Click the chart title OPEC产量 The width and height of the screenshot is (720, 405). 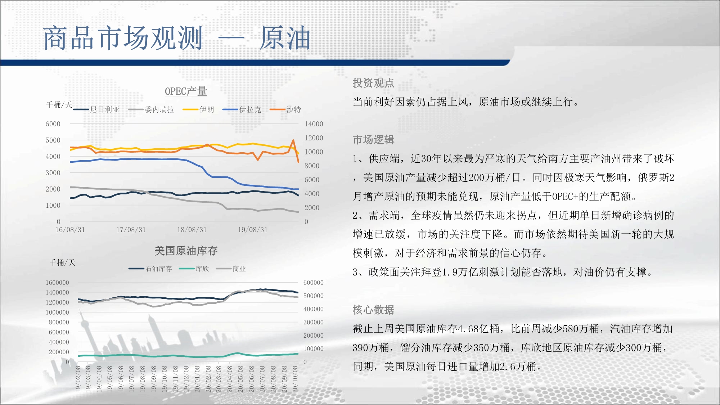(186, 91)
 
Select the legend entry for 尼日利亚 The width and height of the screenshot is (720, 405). (96, 109)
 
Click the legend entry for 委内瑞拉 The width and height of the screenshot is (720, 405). (151, 109)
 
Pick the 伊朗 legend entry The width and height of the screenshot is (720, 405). (198, 109)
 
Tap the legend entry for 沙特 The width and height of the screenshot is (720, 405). (285, 109)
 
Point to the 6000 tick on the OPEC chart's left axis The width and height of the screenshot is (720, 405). (53, 124)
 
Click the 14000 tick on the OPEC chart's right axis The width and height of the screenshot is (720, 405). (314, 124)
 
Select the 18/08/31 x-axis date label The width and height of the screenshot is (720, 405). (192, 230)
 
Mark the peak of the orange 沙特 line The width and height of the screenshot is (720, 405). (293, 140)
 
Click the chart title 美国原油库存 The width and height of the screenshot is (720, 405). (186, 251)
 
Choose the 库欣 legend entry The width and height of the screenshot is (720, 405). (194, 269)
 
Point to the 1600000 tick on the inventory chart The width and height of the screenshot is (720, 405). (57, 283)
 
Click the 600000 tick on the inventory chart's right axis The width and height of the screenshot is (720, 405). (314, 283)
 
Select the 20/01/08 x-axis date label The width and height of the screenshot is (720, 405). (197, 379)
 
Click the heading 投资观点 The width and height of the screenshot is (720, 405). (373, 83)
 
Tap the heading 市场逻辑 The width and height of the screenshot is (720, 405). (373, 140)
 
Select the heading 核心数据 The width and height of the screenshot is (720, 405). (373, 310)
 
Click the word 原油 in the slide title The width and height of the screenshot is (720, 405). (285, 38)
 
